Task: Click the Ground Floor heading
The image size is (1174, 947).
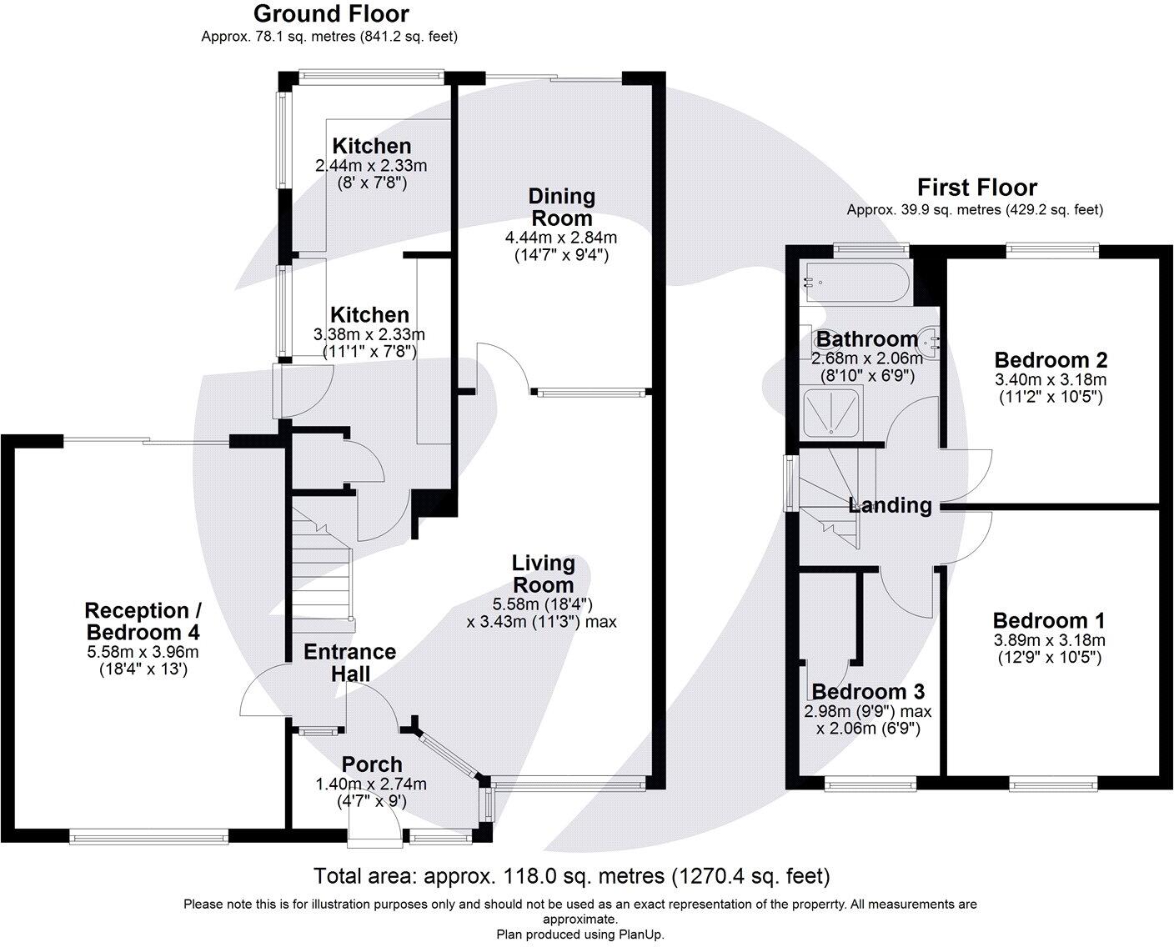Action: [x=331, y=14]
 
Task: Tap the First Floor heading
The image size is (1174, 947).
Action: [x=977, y=188]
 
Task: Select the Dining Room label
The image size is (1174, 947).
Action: [x=562, y=207]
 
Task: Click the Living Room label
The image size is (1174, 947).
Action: [x=543, y=574]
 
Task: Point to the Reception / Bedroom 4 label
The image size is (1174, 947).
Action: [x=143, y=621]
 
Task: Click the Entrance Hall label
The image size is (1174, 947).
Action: [x=349, y=662]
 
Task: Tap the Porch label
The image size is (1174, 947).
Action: [x=372, y=764]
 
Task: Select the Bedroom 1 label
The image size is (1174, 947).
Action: [x=1049, y=621]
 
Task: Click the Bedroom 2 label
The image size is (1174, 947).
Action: [x=1051, y=360]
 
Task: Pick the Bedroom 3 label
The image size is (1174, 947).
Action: [x=868, y=692]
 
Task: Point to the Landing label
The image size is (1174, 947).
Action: [x=890, y=505]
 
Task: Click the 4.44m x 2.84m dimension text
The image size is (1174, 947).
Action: [x=561, y=238]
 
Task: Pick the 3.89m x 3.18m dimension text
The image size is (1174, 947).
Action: [x=1049, y=641]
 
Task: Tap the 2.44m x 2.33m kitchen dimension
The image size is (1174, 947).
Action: [x=371, y=166]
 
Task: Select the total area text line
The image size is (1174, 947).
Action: [x=571, y=876]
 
